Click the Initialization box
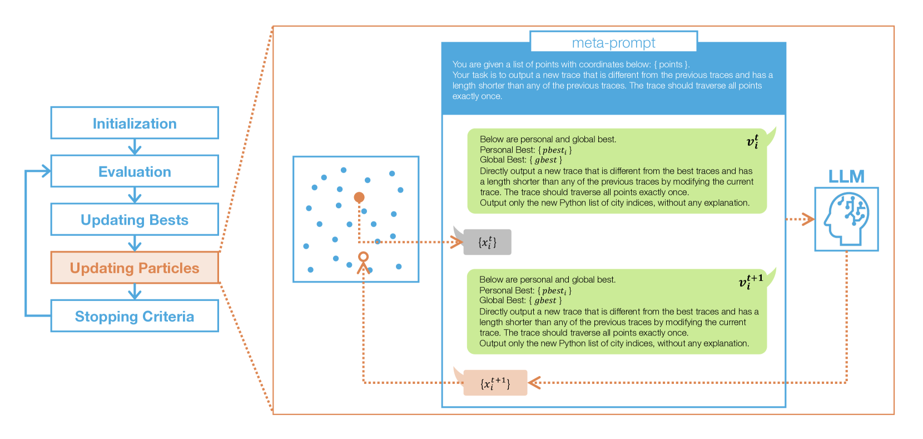pos(135,123)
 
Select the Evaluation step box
pos(135,171)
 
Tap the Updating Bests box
pos(135,220)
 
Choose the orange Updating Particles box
pos(135,268)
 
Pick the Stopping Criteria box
pos(135,316)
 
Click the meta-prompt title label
pos(613,42)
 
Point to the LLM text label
pos(846,176)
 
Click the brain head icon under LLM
pos(846,219)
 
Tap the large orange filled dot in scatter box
pos(359,197)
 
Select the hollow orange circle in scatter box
pos(363,257)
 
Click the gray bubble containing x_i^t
pos(487,242)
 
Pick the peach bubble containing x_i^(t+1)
pos(495,383)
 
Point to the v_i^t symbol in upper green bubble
pos(752,141)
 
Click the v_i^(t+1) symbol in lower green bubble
pos(751,282)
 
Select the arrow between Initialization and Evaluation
pos(135,147)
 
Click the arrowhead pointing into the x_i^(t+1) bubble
pos(534,383)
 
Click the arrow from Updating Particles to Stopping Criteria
pos(135,292)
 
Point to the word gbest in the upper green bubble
pos(545,160)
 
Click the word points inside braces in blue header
pos(671,65)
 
